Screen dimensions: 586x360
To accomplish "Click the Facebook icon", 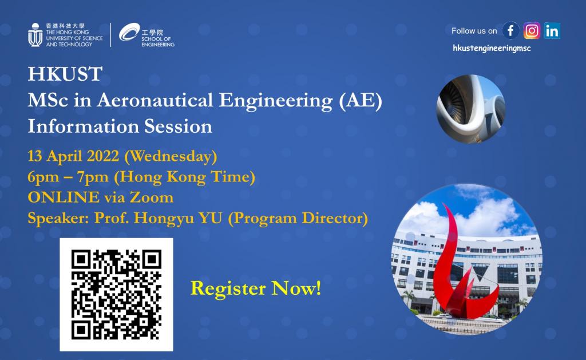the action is (510, 31).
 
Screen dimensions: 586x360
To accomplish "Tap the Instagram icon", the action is (532, 31).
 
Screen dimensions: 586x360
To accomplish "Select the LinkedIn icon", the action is (552, 31).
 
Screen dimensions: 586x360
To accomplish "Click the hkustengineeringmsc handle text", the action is (492, 48).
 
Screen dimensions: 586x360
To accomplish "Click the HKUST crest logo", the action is (35, 35).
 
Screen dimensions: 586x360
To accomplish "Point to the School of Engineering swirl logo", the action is (129, 32).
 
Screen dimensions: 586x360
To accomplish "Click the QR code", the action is (116, 295).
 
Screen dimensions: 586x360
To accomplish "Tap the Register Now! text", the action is (256, 288).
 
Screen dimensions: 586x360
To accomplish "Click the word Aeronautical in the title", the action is (155, 100).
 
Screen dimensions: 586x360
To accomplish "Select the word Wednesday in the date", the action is (171, 156).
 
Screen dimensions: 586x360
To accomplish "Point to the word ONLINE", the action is (64, 197).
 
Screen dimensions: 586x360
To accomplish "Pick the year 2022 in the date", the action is (103, 156).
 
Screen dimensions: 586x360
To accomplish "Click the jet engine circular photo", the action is (471, 109).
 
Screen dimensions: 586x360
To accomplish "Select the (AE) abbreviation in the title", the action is (361, 101).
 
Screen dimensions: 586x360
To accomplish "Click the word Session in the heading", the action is (179, 126).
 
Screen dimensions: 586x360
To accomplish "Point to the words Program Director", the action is (298, 219).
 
